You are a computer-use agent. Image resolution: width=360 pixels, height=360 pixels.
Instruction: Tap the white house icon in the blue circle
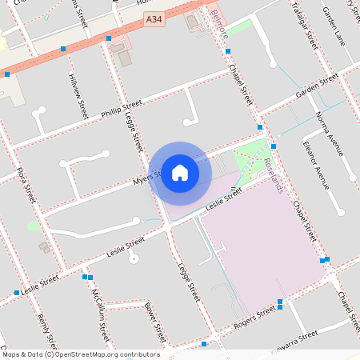coord(180,172)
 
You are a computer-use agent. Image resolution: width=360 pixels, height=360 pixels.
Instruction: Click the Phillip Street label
coord(122,108)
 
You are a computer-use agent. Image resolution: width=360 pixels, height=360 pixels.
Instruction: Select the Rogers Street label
coord(254,321)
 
